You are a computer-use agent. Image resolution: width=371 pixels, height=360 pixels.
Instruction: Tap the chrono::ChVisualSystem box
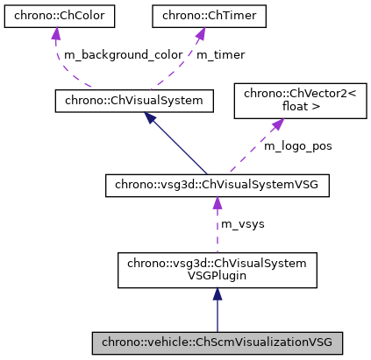coord(134,101)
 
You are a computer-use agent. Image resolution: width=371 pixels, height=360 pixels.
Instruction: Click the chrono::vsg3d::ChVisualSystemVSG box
coord(217,185)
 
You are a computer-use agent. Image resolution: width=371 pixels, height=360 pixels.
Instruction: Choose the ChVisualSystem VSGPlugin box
coord(217,271)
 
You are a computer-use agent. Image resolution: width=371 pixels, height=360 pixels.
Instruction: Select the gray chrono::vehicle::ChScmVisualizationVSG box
coord(217,342)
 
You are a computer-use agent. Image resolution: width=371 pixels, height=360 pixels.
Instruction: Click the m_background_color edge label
coord(121,54)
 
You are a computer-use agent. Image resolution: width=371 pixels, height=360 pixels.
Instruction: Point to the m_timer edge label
coord(220,54)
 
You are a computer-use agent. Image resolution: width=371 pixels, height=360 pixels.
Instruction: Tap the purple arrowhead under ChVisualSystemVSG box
coord(217,204)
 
